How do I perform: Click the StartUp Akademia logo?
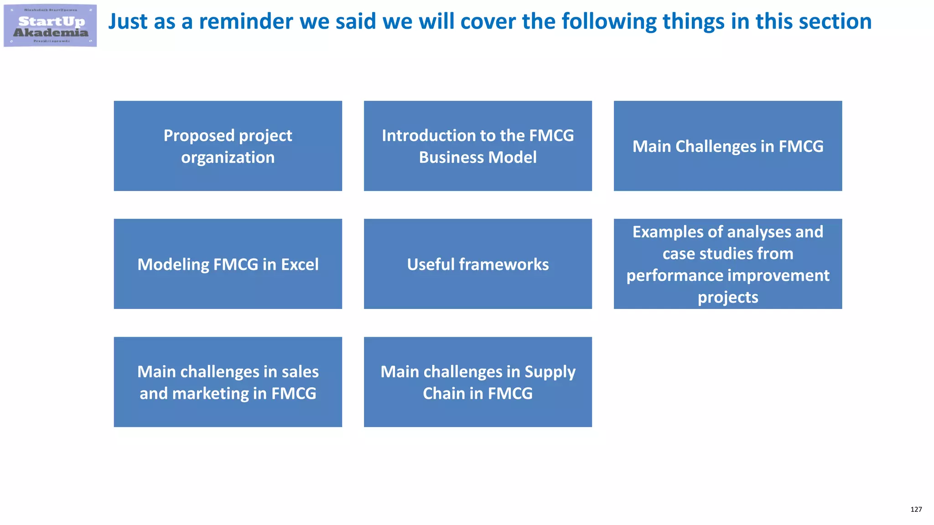(x=50, y=26)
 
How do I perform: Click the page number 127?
(x=916, y=510)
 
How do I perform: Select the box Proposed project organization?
(x=228, y=146)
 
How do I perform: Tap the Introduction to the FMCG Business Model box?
(x=477, y=146)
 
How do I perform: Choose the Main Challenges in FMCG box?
(x=727, y=146)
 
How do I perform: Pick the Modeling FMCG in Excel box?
(x=228, y=264)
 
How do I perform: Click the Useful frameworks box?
(x=477, y=264)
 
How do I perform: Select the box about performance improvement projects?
(x=727, y=264)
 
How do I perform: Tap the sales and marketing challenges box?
(x=228, y=382)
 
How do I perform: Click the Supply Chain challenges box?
(x=477, y=382)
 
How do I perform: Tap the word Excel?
(x=300, y=264)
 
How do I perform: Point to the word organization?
(x=228, y=158)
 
